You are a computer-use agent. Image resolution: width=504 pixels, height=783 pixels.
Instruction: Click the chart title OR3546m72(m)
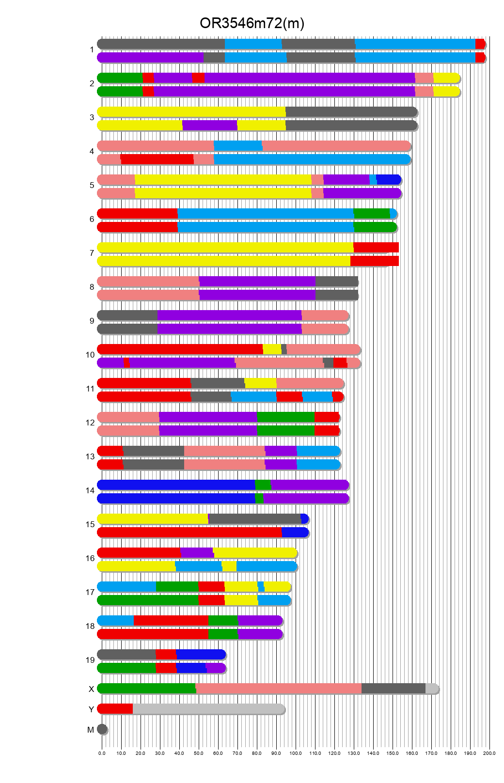[252, 23]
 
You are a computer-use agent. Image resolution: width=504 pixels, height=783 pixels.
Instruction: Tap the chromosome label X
[91, 689]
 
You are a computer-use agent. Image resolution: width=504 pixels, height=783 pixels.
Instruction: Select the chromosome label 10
[90, 355]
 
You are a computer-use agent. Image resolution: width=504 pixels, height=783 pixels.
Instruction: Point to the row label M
[91, 730]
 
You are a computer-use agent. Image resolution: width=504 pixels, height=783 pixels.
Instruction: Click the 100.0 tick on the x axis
[296, 753]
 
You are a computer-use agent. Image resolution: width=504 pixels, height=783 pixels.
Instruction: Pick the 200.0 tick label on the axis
[489, 753]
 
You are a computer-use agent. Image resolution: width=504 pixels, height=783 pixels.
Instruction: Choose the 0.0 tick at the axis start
[102, 753]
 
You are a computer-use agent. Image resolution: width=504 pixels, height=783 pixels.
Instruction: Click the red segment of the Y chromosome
[115, 708]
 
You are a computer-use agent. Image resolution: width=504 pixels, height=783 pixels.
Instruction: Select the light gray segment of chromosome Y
[208, 708]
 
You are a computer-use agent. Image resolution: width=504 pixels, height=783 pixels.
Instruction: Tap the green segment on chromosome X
[146, 688]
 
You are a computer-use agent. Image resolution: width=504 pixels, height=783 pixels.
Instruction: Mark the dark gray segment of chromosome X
[393, 688]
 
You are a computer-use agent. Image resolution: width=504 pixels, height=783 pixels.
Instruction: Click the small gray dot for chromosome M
[102, 729]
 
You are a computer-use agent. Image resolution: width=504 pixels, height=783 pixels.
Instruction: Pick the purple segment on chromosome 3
[209, 125]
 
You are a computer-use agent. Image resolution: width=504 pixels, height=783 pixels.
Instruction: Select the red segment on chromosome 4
[157, 159]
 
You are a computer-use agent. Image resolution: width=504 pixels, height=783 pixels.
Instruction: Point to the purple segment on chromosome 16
[196, 552]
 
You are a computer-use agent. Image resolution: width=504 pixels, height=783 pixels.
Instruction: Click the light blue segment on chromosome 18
[115, 620]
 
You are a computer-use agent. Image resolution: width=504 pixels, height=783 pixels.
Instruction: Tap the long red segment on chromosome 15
[189, 532]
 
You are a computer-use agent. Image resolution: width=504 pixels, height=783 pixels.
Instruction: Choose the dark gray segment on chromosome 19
[126, 654]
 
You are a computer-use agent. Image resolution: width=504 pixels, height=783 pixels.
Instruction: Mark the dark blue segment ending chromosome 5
[388, 179]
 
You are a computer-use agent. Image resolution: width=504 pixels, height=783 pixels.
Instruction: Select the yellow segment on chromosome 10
[272, 349]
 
